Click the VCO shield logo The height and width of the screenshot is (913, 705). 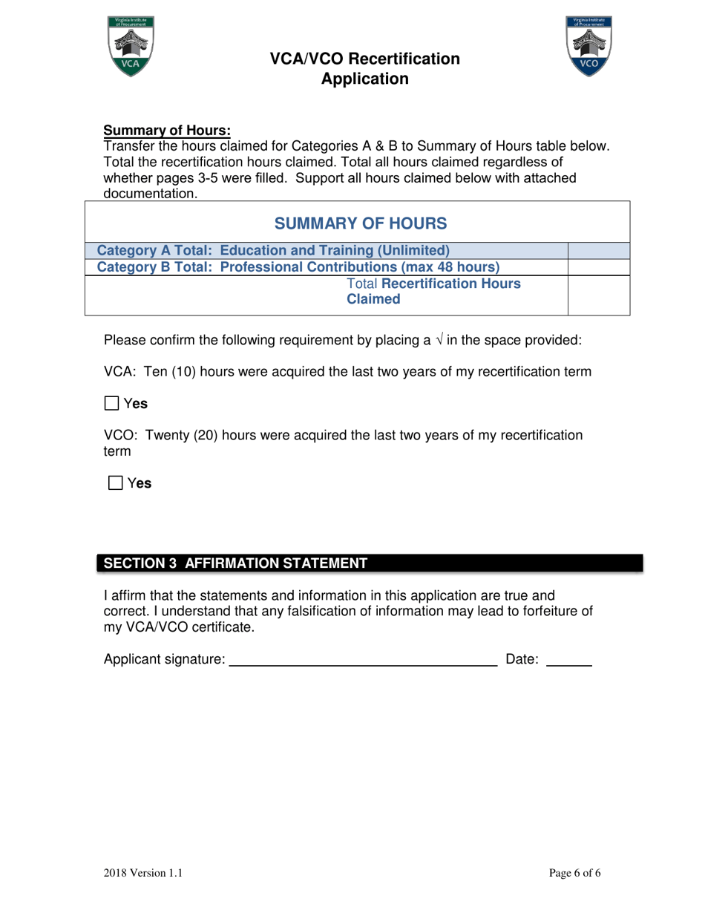click(588, 48)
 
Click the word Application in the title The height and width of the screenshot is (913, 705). click(364, 79)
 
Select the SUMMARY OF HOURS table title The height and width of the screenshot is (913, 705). click(361, 223)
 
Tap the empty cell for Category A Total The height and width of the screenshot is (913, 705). click(598, 250)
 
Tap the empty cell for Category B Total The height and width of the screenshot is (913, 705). click(598, 266)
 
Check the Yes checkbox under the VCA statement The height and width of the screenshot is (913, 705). click(111, 404)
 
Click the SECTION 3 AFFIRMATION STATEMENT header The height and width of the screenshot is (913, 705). click(235, 563)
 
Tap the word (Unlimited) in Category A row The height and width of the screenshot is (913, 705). click(412, 250)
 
